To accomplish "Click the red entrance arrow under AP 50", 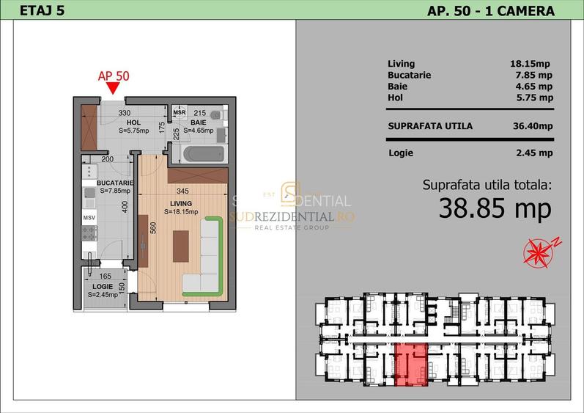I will [x=112, y=89].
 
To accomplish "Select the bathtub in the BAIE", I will [x=197, y=154].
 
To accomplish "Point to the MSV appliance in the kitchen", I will [x=89, y=218].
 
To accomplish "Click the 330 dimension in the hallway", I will [x=125, y=113].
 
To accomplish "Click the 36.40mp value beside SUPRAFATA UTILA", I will [x=533, y=126].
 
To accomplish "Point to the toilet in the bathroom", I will [x=216, y=117].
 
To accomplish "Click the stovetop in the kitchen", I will [x=89, y=234].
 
